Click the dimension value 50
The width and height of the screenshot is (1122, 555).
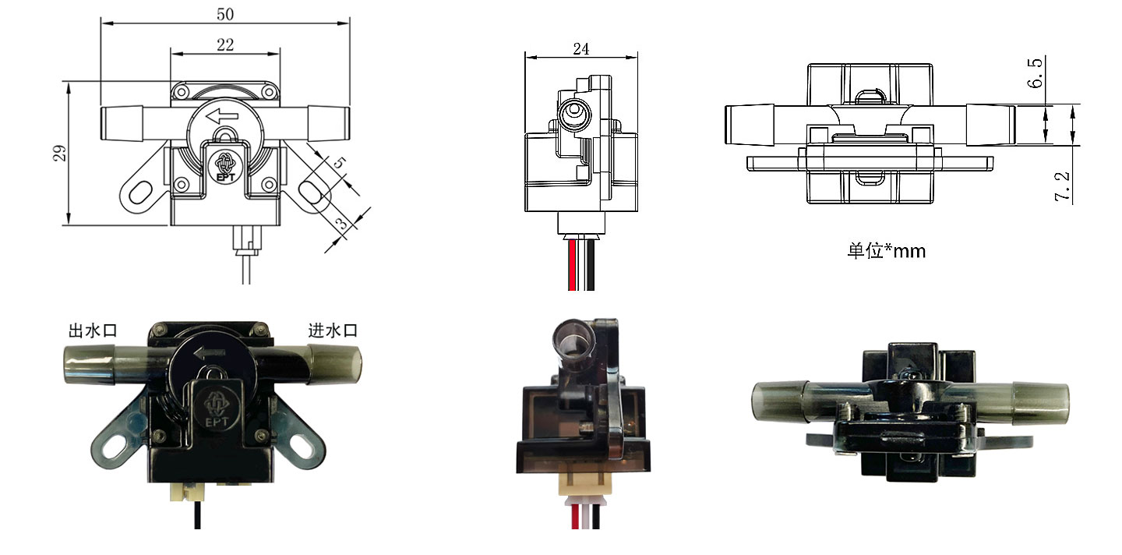(224, 13)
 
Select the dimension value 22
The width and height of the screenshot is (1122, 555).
(225, 44)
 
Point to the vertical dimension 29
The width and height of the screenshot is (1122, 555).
(59, 153)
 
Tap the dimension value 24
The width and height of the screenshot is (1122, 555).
(580, 48)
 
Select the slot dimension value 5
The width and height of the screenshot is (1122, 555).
(339, 164)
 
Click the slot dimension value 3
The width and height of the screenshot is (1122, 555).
(341, 224)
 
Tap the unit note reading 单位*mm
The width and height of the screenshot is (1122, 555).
(887, 251)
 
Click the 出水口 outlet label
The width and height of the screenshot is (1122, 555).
(93, 331)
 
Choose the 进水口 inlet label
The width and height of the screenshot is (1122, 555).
(333, 331)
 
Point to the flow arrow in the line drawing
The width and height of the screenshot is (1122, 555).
(222, 117)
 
